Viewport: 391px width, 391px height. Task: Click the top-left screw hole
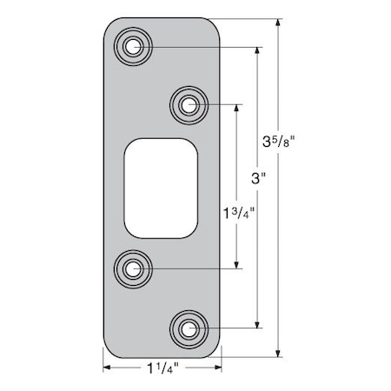click(134, 46)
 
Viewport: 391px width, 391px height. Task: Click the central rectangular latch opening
click(161, 186)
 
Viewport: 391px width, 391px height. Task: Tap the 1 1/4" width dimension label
click(162, 369)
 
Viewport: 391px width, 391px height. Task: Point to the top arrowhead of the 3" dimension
click(257, 50)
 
